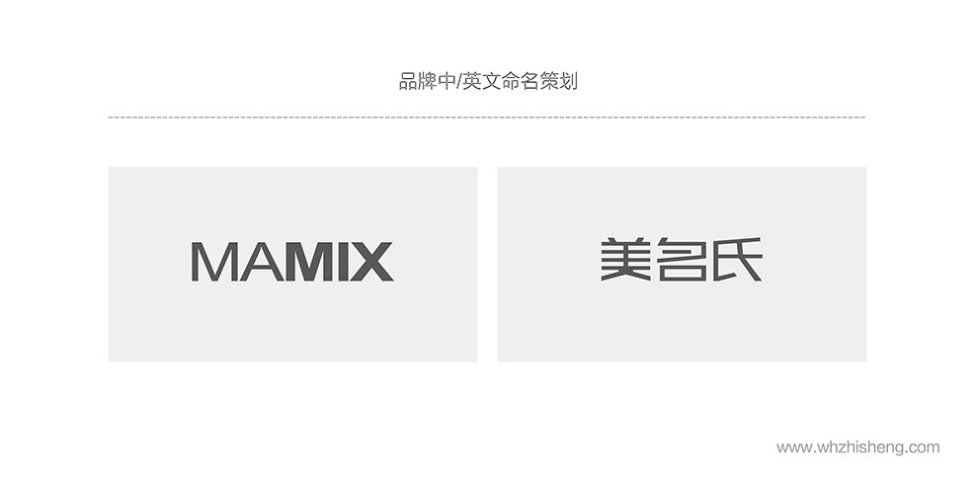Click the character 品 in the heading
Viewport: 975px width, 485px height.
coord(408,81)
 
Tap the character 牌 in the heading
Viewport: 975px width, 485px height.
coord(428,81)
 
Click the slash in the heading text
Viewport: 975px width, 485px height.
coord(459,81)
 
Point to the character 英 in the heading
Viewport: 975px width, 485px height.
coord(472,81)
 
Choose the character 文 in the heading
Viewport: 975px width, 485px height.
coord(492,81)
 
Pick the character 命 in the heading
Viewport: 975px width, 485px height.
coord(512,81)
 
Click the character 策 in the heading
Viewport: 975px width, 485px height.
coord(549,81)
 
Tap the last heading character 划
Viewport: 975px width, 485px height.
coord(568,81)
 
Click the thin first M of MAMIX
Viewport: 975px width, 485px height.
coord(212,262)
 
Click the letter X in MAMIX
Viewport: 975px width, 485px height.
coord(370,262)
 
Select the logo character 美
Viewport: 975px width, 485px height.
coord(625,260)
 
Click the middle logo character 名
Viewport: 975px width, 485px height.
coord(681,260)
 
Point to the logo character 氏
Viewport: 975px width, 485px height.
coord(737,260)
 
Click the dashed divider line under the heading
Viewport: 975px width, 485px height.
coord(486,118)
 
